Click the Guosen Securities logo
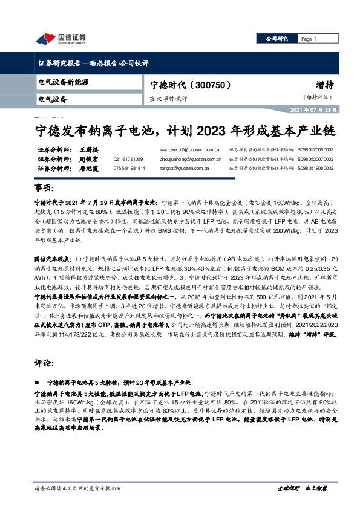point(61,39)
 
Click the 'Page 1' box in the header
point(310,39)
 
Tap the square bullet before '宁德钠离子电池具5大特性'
point(39,383)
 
